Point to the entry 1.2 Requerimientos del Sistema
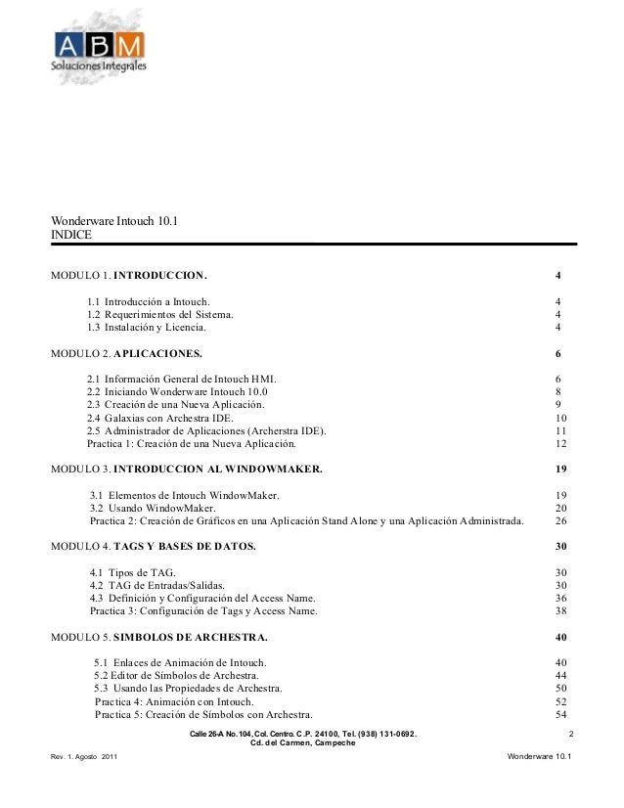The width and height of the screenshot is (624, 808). pyautogui.click(x=160, y=315)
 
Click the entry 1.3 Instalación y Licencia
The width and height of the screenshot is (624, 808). pyautogui.click(x=154, y=328)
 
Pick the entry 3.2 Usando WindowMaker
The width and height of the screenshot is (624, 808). pyautogui.click(x=153, y=508)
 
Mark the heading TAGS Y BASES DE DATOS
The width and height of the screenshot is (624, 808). pyautogui.click(x=185, y=545)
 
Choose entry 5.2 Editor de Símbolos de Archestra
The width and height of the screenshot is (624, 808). pyautogui.click(x=176, y=675)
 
